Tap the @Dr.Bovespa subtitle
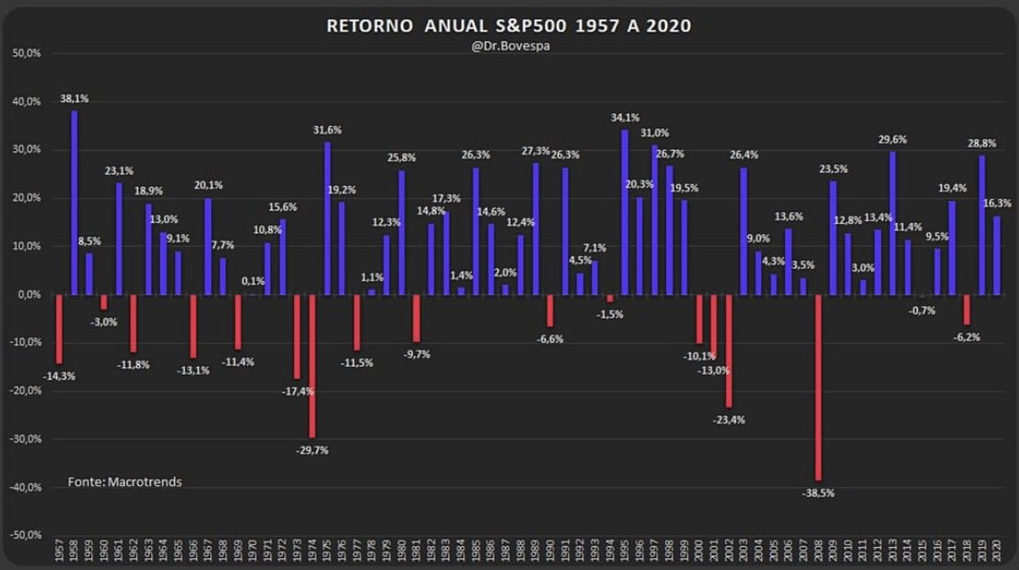[x=509, y=48]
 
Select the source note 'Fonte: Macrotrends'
[x=124, y=482]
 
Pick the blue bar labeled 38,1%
[x=74, y=203]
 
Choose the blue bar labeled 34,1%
[x=625, y=212]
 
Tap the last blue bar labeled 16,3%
[x=996, y=255]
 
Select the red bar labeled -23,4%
[x=729, y=351]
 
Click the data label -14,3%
[x=59, y=376]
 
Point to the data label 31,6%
[x=327, y=129]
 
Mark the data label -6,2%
[x=966, y=337]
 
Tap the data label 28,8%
[x=981, y=144]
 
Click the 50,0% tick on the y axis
[x=26, y=53]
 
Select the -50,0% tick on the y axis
[x=24, y=535]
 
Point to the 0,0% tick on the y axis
[x=27, y=295]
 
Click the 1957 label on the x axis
[x=59, y=553]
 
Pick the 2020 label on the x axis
[x=996, y=553]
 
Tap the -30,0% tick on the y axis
[x=24, y=439]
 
